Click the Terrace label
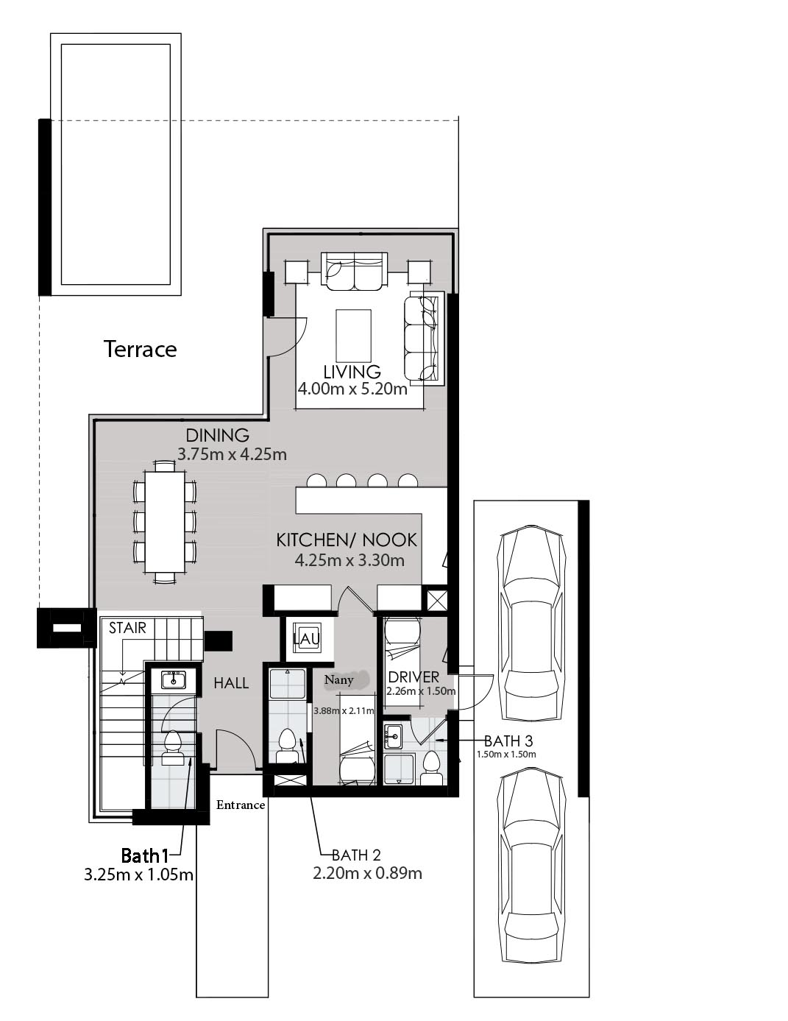140,350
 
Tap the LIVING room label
352,372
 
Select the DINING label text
218,436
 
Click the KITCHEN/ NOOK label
347,540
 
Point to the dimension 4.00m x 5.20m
352,389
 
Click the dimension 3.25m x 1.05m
138,875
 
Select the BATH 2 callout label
356,855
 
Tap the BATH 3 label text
508,741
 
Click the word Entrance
241,805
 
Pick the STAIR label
127,628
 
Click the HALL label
231,683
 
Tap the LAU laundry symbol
307,638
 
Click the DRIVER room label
413,677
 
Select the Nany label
339,680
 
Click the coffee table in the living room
354,334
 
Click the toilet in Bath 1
173,749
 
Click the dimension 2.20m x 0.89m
367,873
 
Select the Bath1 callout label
145,855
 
